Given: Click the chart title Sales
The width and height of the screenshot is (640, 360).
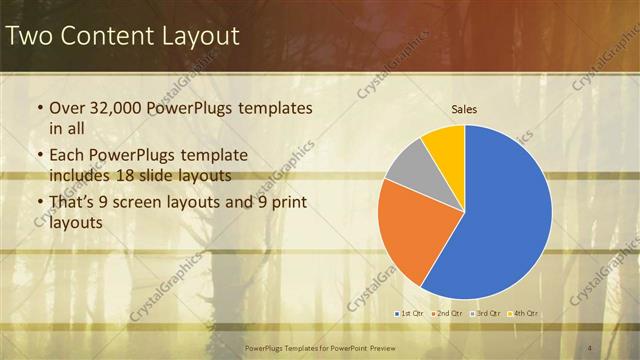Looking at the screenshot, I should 464,108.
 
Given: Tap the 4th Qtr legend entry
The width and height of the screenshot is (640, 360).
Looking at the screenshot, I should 524,314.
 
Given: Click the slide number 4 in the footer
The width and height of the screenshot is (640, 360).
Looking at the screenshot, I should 590,346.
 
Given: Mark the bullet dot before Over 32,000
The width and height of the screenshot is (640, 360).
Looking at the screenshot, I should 39,108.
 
